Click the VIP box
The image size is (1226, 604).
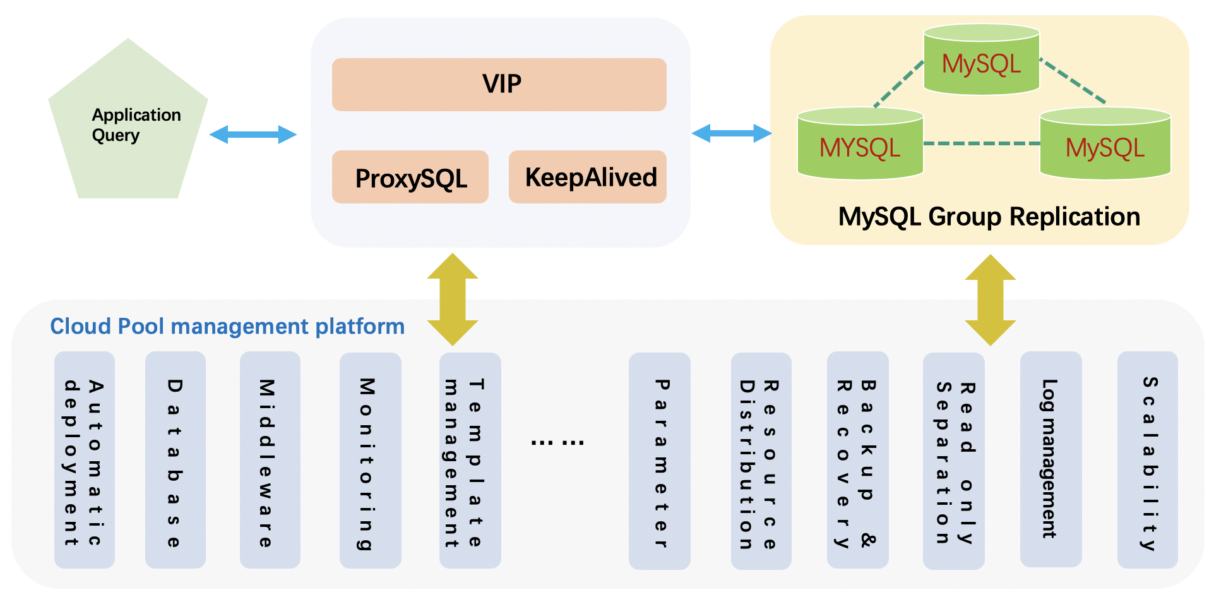(x=499, y=85)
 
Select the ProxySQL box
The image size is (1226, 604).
(x=410, y=178)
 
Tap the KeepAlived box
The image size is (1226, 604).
(x=588, y=178)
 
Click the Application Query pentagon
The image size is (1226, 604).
(x=129, y=126)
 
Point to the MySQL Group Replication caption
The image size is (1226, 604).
(x=989, y=217)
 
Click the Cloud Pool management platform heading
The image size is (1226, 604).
(x=227, y=326)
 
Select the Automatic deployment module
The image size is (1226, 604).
(x=85, y=460)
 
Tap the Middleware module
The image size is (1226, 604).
(x=270, y=460)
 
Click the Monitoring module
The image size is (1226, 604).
(x=370, y=460)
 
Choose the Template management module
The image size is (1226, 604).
(x=470, y=460)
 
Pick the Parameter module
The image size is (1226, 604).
(x=659, y=460)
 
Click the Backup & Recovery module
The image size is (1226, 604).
(x=857, y=460)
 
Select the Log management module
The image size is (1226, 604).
(x=1050, y=459)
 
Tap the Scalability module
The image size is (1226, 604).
(x=1147, y=460)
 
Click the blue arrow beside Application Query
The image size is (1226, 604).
(x=253, y=134)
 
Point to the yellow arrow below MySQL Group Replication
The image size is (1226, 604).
(x=990, y=299)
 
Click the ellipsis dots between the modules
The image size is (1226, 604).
(x=557, y=442)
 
